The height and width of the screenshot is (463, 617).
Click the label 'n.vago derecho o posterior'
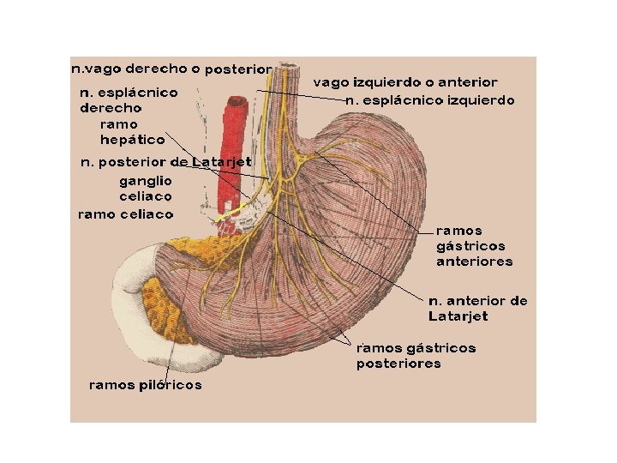click(x=171, y=67)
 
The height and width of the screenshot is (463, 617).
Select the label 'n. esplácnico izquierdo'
click(x=429, y=100)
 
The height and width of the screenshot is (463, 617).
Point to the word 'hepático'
click(x=132, y=139)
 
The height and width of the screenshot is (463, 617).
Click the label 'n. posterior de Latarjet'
click(x=165, y=161)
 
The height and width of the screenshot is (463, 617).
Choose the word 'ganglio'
click(x=146, y=180)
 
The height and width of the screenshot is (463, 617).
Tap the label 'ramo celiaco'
click(x=125, y=213)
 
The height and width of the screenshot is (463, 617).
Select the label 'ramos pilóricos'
click(x=146, y=385)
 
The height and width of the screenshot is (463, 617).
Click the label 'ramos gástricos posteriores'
click(x=416, y=355)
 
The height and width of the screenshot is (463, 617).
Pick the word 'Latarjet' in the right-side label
click(x=458, y=316)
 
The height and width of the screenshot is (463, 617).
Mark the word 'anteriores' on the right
click(x=474, y=262)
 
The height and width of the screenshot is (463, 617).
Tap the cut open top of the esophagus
click(x=285, y=65)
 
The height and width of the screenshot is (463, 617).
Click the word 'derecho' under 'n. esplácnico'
click(x=111, y=108)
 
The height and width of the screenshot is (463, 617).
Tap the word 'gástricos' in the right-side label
click(x=470, y=246)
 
